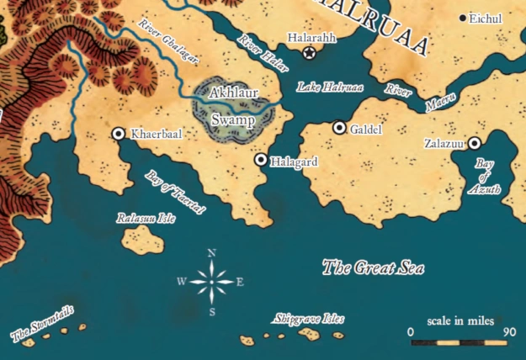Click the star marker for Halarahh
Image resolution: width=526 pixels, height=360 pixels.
click(310, 54)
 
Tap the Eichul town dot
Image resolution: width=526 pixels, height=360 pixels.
click(462, 18)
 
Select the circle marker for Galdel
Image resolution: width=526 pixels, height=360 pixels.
click(340, 128)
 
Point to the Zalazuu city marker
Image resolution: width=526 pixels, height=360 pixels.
click(475, 144)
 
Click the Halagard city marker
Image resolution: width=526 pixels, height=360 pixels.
click(261, 159)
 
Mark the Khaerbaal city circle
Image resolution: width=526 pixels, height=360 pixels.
click(119, 133)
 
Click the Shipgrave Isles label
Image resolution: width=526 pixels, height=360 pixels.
click(309, 320)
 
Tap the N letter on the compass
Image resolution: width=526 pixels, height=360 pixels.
click(211, 253)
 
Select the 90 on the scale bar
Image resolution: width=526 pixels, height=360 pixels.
click(508, 331)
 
